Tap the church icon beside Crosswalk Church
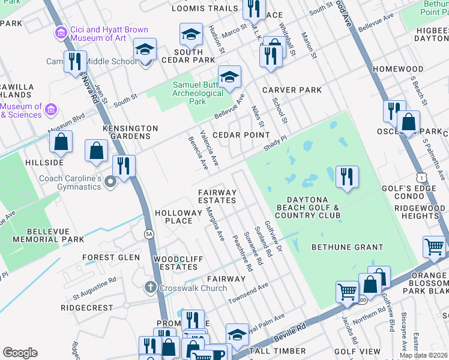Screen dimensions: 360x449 tap(153, 287)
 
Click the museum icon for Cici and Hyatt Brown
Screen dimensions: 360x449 tap(60, 32)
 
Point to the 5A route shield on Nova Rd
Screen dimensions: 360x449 tap(148, 235)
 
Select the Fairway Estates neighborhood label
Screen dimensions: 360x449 tap(217, 196)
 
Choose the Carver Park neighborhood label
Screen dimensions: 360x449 tap(292, 90)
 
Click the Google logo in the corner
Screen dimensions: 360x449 tap(20, 353)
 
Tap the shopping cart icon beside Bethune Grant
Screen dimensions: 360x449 tap(434, 247)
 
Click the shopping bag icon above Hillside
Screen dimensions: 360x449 tap(61, 142)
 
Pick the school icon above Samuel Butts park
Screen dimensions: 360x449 tap(229, 77)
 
